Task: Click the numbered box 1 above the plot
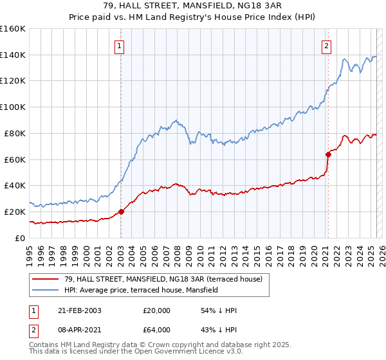point(120,46)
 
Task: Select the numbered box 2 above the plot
point(327,46)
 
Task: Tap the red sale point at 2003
point(121,212)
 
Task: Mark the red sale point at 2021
point(327,154)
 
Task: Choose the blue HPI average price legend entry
point(141,291)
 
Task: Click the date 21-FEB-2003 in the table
point(79,310)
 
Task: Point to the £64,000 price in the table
point(156,330)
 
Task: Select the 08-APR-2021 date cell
point(79,330)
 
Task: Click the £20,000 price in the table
point(156,310)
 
